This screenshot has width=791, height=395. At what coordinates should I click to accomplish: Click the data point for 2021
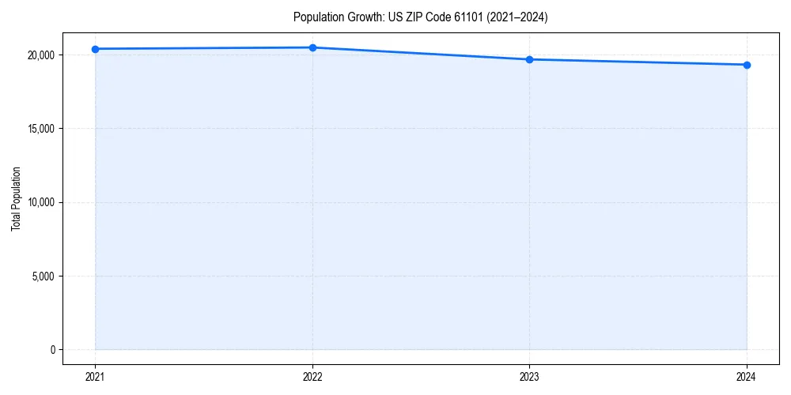[x=95, y=49]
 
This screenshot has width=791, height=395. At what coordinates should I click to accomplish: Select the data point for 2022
[x=312, y=47]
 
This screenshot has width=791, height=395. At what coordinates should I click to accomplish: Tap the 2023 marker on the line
[x=529, y=59]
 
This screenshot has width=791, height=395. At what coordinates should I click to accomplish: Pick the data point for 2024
[x=747, y=65]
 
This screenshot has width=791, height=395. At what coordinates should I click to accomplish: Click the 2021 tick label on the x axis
[x=95, y=377]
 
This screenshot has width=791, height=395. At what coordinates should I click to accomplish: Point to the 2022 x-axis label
[x=312, y=377]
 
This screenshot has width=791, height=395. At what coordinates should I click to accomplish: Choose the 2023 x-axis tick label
[x=529, y=377]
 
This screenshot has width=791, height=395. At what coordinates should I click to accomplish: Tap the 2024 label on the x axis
[x=747, y=377]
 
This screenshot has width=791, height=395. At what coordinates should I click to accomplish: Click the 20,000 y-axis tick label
[x=40, y=55]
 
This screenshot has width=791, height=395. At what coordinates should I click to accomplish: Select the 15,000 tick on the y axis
[x=40, y=129]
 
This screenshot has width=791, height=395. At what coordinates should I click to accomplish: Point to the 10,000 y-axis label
[x=40, y=202]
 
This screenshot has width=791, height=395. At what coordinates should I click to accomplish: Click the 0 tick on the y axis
[x=52, y=350]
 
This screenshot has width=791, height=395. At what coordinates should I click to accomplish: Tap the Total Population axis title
[x=16, y=199]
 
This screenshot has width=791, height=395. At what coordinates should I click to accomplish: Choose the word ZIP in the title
[x=407, y=17]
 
